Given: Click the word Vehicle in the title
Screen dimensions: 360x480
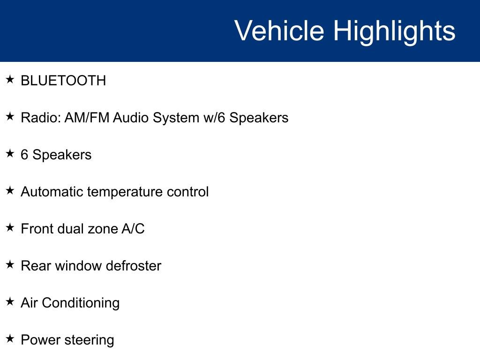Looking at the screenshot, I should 279,31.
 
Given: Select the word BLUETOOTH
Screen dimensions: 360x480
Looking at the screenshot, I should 63,81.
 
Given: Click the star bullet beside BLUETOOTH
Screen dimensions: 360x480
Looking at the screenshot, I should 10,80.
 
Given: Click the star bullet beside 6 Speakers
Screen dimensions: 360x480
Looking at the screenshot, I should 10,154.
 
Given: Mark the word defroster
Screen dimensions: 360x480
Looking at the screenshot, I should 134,266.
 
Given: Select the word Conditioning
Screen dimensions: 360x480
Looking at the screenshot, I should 81,303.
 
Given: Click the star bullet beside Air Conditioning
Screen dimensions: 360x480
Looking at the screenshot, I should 10,302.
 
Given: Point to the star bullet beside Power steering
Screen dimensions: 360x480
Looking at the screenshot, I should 10,339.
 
